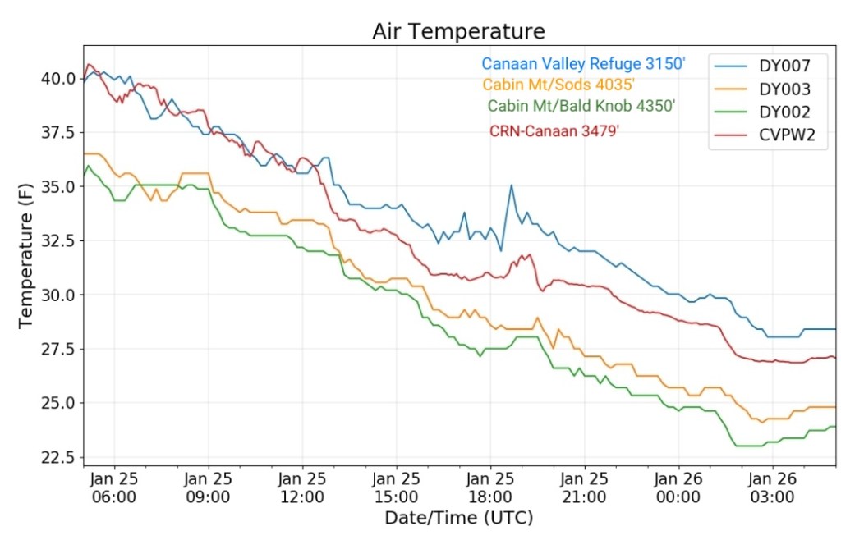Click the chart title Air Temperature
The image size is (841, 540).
coord(458,31)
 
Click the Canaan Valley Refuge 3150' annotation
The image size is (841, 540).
coord(583,63)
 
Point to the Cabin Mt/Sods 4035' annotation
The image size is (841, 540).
coord(558,85)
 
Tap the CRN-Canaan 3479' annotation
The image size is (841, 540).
coord(554,130)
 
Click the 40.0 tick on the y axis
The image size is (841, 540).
coord(56,79)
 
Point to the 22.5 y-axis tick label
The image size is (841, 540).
coord(56,457)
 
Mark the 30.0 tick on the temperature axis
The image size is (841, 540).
coord(56,295)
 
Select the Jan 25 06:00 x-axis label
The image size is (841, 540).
coord(114,487)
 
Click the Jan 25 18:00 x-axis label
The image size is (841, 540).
coord(490,487)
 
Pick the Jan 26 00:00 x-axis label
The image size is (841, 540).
coord(678,487)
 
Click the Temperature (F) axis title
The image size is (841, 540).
coord(26,256)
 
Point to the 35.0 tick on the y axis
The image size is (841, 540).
coord(56,187)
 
